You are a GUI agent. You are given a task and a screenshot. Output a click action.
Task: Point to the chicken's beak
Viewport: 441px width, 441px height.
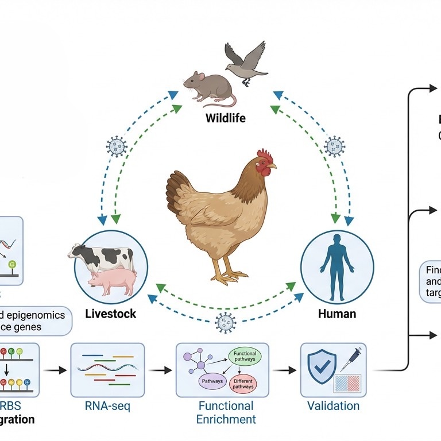(272, 166)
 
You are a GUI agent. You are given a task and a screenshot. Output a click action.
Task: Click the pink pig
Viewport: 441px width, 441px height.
(111, 281)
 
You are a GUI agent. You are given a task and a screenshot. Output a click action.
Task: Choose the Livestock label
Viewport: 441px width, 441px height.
(111, 314)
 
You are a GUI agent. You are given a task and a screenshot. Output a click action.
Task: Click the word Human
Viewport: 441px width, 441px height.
(337, 314)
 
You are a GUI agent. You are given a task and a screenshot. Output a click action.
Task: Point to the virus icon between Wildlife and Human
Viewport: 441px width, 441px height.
(334, 146)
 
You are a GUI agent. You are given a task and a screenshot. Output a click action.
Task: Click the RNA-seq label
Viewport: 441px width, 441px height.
(107, 407)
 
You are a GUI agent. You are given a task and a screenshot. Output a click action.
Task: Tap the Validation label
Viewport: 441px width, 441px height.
(333, 407)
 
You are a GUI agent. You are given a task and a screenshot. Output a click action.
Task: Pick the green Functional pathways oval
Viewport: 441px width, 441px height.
(244, 356)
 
